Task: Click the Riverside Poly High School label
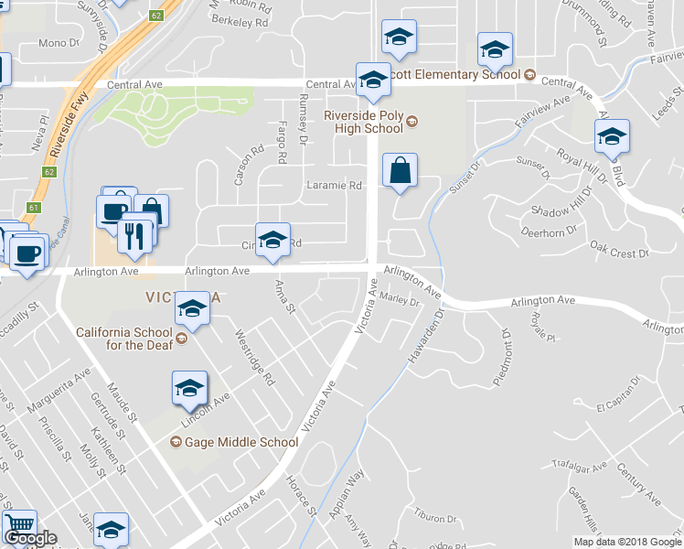tap(364, 122)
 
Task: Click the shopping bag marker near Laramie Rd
tap(400, 170)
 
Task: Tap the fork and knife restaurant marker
tap(134, 236)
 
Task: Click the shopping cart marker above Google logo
tap(18, 526)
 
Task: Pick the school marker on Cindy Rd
tap(272, 240)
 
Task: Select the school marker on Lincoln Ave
tap(189, 389)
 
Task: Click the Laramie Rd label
tap(334, 185)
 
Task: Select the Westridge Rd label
tap(255, 357)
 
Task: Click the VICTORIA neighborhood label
tap(183, 297)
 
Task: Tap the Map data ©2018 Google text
tap(626, 542)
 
